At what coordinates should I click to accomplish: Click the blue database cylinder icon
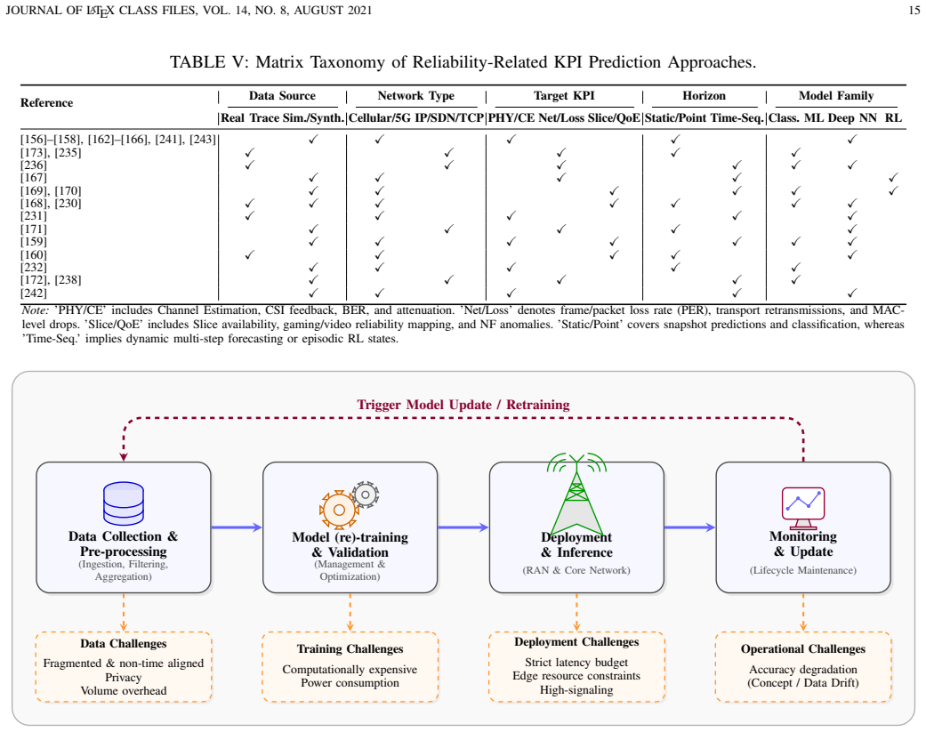coord(124,503)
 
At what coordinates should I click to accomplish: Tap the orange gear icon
coord(339,510)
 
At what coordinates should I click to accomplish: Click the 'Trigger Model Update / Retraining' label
coord(463,405)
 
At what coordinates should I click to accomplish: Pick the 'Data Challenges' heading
coord(124,643)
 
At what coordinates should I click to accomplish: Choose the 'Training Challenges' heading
coord(350,648)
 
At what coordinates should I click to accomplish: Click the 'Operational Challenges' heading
coord(803,648)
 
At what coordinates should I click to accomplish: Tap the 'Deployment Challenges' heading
coord(576,641)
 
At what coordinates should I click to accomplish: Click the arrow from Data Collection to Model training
coord(237,527)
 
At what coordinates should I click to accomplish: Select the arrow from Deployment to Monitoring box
coord(689,527)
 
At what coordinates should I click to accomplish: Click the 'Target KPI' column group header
coord(564,96)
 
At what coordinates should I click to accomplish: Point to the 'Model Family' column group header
coord(835,96)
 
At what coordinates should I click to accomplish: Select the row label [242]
coord(33,293)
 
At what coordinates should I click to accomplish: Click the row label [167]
coord(33,178)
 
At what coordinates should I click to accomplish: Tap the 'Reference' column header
coord(46,102)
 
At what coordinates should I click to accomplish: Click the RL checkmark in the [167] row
coord(893,177)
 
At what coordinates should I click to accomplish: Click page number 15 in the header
coord(914,11)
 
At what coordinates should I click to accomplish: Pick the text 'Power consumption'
coord(350,683)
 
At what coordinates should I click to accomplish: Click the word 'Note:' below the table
coord(36,310)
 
